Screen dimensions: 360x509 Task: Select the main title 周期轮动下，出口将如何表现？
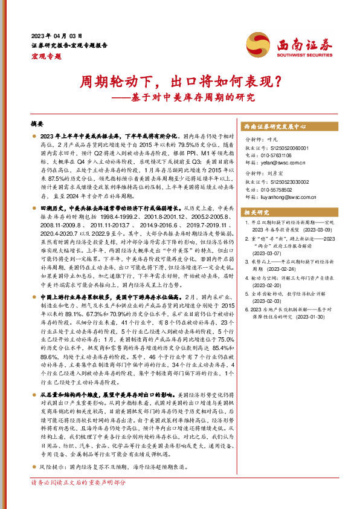180,81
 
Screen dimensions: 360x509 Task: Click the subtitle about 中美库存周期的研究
180,97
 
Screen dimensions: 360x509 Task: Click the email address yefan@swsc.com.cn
283,163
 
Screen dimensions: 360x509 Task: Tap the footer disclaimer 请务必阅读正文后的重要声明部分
79,499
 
